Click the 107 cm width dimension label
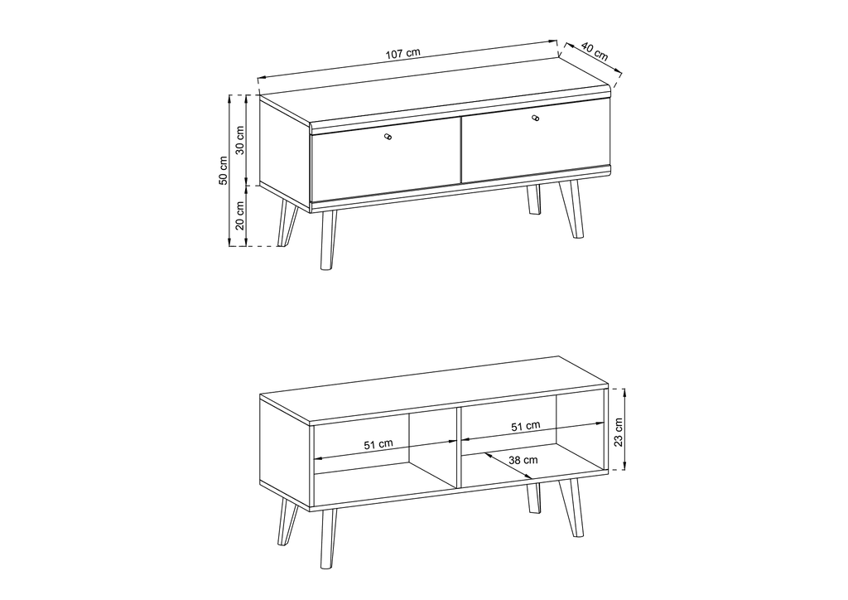pos(402,54)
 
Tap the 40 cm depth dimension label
pos(595,52)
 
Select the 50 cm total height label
pos(223,171)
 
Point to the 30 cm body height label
pos(240,139)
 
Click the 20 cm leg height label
pos(240,215)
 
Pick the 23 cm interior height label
pos(619,432)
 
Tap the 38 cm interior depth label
pos(523,460)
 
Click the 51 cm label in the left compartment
pos(378,444)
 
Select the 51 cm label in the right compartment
pos(526,426)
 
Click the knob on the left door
pos(388,137)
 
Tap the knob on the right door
pos(536,119)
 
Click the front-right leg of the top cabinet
pos(571,209)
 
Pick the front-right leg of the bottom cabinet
pos(571,508)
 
